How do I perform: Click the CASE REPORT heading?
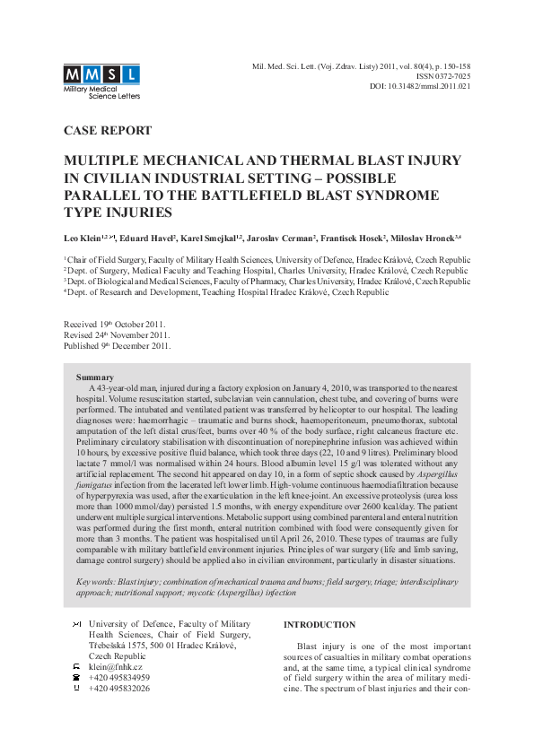(108, 131)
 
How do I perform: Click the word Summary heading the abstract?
(95, 377)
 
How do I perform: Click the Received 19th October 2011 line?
(115, 324)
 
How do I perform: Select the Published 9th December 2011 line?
(117, 345)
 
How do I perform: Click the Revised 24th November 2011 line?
(116, 334)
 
